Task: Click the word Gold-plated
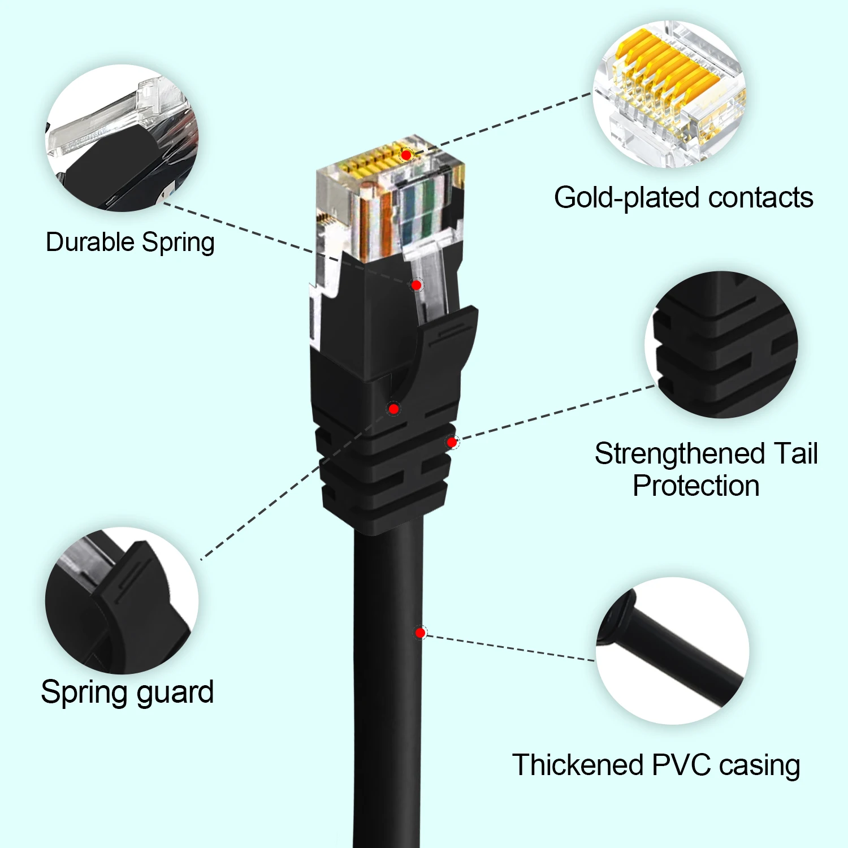click(628, 198)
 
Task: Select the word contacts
click(760, 198)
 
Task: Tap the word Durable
click(90, 242)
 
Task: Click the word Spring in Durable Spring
click(178, 243)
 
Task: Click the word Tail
click(795, 453)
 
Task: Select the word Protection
click(696, 486)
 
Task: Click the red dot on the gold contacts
click(406, 155)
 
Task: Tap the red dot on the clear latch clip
click(416, 285)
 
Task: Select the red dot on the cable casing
click(420, 633)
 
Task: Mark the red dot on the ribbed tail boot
click(452, 442)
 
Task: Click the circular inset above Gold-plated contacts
click(669, 94)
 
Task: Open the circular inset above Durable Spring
click(122, 138)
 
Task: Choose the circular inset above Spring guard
click(122, 600)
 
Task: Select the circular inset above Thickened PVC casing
click(673, 651)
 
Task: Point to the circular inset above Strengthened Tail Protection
click(721, 345)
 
